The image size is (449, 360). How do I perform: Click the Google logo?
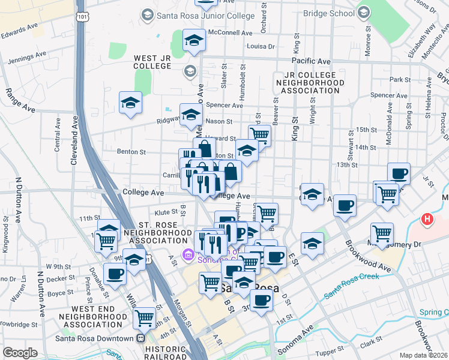pyautogui.click(x=20, y=353)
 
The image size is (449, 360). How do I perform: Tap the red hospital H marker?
pyautogui.click(x=428, y=220)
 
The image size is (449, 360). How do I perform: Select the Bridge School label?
pyautogui.click(x=329, y=13)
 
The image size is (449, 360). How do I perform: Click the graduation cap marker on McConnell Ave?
pyautogui.click(x=194, y=40)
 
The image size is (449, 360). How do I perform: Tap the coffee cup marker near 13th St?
pyautogui.click(x=399, y=174)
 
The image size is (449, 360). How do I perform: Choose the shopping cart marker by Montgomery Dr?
pyautogui.click(x=382, y=233)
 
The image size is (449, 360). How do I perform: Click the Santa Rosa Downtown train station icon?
pyautogui.click(x=140, y=338)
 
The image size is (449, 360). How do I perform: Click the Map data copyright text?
pyautogui.click(x=424, y=355)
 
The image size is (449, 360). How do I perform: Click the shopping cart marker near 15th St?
pyautogui.click(x=259, y=134)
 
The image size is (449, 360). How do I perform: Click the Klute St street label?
pyautogui.click(x=166, y=212)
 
